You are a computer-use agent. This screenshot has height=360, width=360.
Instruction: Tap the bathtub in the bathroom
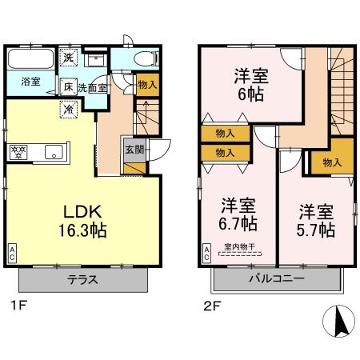coord(31,59)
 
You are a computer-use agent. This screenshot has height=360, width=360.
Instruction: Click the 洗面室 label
coord(94,87)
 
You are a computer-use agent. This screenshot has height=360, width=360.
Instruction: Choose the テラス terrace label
coord(83,280)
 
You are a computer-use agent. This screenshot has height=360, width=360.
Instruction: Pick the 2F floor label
coord(210,305)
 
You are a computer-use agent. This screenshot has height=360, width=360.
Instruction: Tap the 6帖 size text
coord(249,94)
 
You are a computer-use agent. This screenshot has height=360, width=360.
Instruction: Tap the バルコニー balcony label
coord(275,280)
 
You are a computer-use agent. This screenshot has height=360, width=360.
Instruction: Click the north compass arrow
coord(338,322)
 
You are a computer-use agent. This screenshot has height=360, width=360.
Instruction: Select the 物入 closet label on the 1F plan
coord(147,84)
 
